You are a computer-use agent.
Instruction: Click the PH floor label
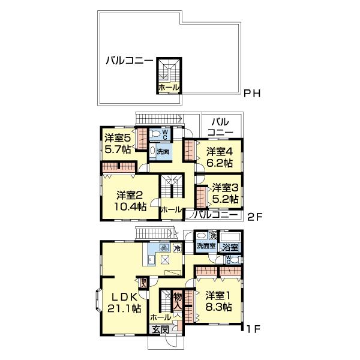pyautogui.click(x=253, y=94)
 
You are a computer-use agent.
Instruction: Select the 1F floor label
pyautogui.click(x=253, y=329)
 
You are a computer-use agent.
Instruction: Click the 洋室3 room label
pyautogui.click(x=226, y=188)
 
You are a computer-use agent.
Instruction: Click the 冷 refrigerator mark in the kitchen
pyautogui.click(x=177, y=248)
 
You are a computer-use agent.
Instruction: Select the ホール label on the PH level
pyautogui.click(x=167, y=88)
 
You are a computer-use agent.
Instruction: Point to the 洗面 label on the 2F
pyautogui.click(x=163, y=152)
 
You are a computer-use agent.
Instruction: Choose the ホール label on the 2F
pyautogui.click(x=172, y=209)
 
